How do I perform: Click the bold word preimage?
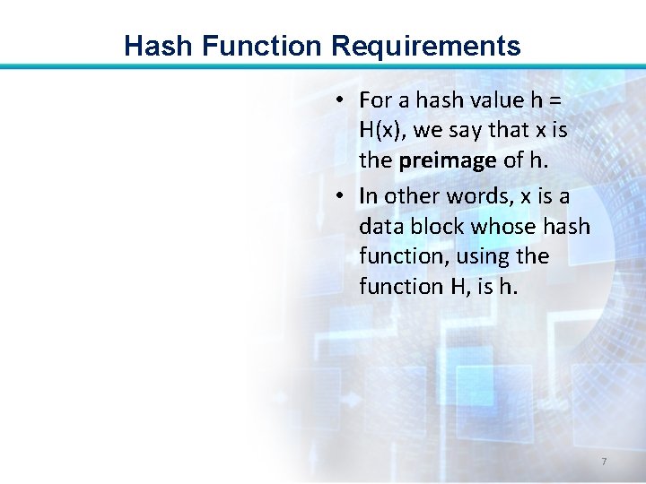448,160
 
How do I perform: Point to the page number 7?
604,462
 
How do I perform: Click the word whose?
510,226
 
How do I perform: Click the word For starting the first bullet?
375,99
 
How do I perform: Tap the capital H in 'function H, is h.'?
456,287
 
